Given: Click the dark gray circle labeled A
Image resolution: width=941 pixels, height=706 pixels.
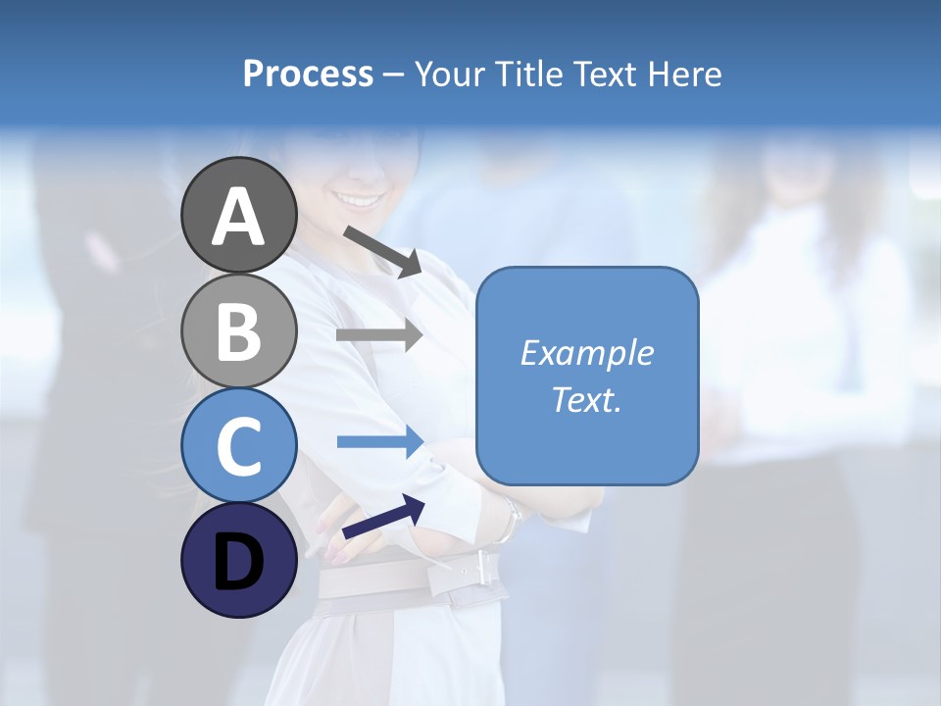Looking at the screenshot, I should pos(238,215).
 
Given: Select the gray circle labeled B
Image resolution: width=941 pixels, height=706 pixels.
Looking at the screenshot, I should pos(238,330).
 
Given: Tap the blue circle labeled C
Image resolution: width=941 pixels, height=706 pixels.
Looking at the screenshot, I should pos(238,445).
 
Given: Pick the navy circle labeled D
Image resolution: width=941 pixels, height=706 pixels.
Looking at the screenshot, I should pos(238,560).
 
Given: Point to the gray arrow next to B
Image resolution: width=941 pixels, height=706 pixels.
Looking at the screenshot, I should pos(379,335).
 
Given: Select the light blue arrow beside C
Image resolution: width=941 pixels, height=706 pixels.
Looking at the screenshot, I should pos(379,442).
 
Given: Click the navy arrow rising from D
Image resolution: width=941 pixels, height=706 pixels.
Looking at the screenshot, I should pos(383,517).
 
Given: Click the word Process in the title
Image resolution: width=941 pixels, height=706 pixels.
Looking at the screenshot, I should pos(308,74).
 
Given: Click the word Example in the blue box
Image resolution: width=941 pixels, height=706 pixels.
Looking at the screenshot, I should pos(586,353).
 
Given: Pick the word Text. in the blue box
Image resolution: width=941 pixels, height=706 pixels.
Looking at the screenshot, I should pos(586,400).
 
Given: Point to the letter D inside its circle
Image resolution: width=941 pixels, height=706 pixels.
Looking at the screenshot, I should pos(238,562).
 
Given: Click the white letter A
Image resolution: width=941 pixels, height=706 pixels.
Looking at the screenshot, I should pos(238,217).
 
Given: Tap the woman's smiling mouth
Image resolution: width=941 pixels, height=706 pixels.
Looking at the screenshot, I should pos(360,200).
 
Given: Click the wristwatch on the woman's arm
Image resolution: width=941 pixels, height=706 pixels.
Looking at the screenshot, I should pos(507,518).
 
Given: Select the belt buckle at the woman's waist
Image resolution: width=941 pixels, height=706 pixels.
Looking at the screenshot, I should pos(479,568).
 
